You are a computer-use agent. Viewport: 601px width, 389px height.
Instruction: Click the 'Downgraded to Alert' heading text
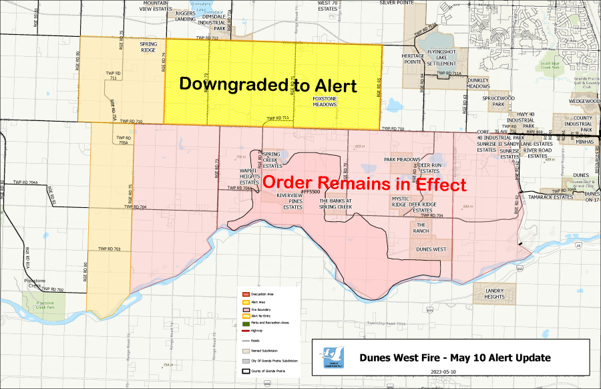coord(268,85)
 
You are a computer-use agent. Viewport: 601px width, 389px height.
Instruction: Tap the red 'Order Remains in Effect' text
coord(364,183)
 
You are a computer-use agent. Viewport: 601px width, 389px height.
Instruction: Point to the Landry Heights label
coord(495,292)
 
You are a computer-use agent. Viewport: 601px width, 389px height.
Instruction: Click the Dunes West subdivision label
coord(431,249)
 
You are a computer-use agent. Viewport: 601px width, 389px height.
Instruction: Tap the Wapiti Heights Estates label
coord(249,176)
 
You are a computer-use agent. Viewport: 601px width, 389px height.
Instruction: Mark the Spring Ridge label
coord(148,47)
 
